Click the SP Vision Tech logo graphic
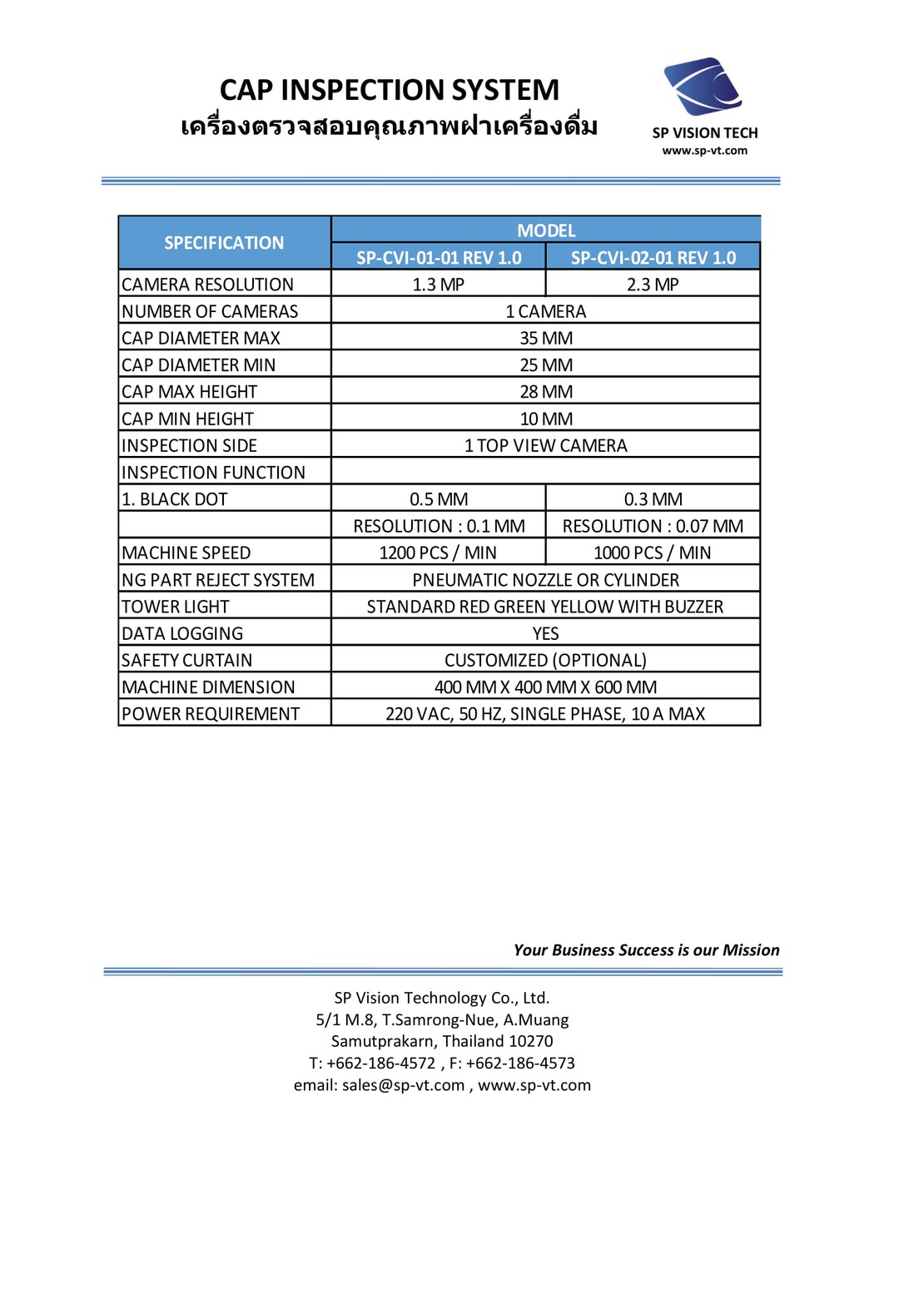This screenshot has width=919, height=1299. coord(703,87)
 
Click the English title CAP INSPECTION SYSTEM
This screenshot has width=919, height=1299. coord(389,90)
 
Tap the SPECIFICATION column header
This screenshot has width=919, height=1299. coord(224,243)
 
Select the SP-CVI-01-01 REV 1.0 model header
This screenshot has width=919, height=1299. coord(439,258)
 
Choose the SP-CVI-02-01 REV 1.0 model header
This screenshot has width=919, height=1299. coord(653,258)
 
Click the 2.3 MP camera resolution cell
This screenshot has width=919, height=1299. coord(653,285)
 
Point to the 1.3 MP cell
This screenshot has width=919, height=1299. coord(439,285)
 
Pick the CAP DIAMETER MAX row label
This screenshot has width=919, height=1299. coord(201,338)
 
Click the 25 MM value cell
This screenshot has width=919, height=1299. coord(546,365)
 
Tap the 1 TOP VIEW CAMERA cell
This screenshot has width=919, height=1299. coord(546,446)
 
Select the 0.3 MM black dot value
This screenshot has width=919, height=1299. coord(653,499)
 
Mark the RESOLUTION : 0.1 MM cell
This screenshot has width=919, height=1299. coord(439,526)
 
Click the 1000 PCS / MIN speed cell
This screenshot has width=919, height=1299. coord(653,553)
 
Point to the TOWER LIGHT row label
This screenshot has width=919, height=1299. coord(176,607)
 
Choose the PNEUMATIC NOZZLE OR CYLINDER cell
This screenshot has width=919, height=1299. coord(546,580)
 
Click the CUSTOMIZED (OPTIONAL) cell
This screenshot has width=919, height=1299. coord(546,661)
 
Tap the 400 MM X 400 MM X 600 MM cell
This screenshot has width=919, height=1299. coord(546,687)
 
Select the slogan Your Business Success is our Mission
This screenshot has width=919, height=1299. coord(646,950)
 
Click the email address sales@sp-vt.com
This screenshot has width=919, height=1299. coord(403,1085)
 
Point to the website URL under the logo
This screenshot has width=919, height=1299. coord(704,151)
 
